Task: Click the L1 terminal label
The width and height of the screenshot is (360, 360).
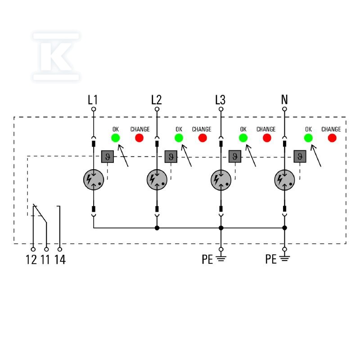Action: pyautogui.click(x=93, y=100)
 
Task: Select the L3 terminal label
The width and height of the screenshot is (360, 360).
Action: pyautogui.click(x=220, y=100)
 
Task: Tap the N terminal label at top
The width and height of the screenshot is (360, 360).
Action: pyautogui.click(x=284, y=99)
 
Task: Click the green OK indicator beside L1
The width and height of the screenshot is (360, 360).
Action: pyautogui.click(x=116, y=138)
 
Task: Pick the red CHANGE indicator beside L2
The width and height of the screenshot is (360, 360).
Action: pyautogui.click(x=202, y=138)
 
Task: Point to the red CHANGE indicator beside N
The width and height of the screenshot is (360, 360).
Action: pyautogui.click(x=332, y=138)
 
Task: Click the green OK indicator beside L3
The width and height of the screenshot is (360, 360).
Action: pyautogui.click(x=243, y=138)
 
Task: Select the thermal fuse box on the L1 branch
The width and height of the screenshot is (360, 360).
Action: pyautogui.click(x=108, y=157)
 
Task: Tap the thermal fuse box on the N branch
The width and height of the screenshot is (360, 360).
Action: pyautogui.click(x=300, y=156)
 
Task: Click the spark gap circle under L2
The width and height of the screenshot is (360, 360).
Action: pyautogui.click(x=157, y=180)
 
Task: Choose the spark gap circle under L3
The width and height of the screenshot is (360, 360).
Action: pyautogui.click(x=221, y=180)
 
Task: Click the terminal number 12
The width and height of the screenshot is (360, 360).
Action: pyautogui.click(x=31, y=260)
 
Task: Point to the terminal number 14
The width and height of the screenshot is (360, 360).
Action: pyautogui.click(x=60, y=260)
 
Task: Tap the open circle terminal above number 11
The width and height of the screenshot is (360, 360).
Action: pyautogui.click(x=46, y=249)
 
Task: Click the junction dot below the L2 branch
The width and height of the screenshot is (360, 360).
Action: pyautogui.click(x=157, y=228)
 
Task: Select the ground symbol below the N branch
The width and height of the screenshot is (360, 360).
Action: pyautogui.click(x=285, y=259)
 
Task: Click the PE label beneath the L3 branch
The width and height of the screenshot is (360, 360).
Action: pyautogui.click(x=207, y=260)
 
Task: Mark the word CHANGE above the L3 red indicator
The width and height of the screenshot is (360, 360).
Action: pyautogui.click(x=266, y=129)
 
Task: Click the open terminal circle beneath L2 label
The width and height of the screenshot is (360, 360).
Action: pyautogui.click(x=157, y=109)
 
